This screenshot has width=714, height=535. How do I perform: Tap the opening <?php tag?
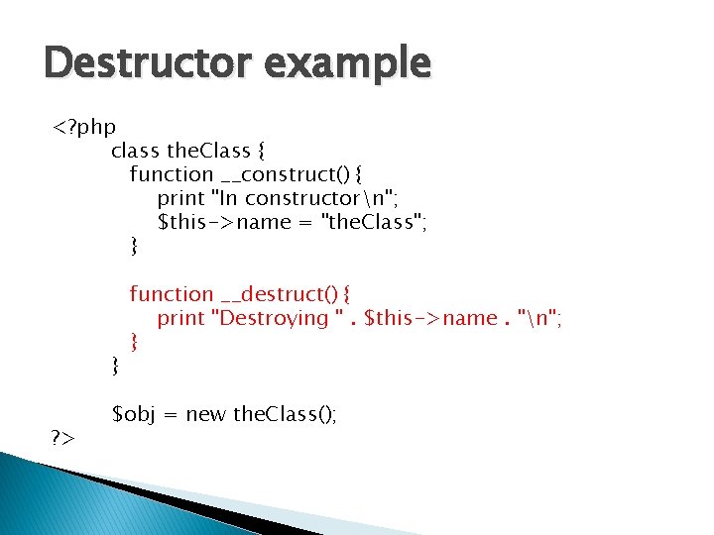[x=84, y=129]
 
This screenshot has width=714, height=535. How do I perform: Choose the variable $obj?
[x=133, y=413]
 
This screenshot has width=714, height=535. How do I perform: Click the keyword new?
[x=205, y=413]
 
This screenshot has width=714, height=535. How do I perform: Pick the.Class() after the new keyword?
[x=285, y=413]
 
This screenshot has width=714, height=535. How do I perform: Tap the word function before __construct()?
[x=171, y=175]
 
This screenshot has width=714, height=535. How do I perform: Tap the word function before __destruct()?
[x=171, y=294]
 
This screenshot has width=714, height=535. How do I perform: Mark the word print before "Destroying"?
[x=181, y=318]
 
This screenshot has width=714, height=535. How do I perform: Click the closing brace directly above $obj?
[x=116, y=367]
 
